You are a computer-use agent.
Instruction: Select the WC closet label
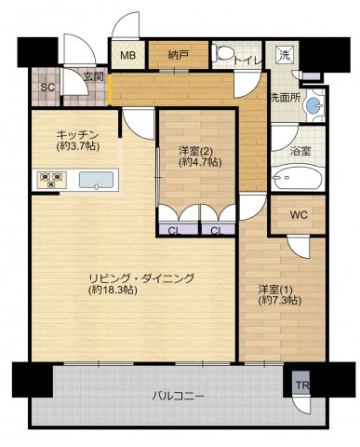pos(297,215)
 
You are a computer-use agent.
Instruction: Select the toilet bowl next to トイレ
pos(224,55)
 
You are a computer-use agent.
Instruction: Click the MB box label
pos(127,55)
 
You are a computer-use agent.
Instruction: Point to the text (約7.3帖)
pos(279,300)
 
